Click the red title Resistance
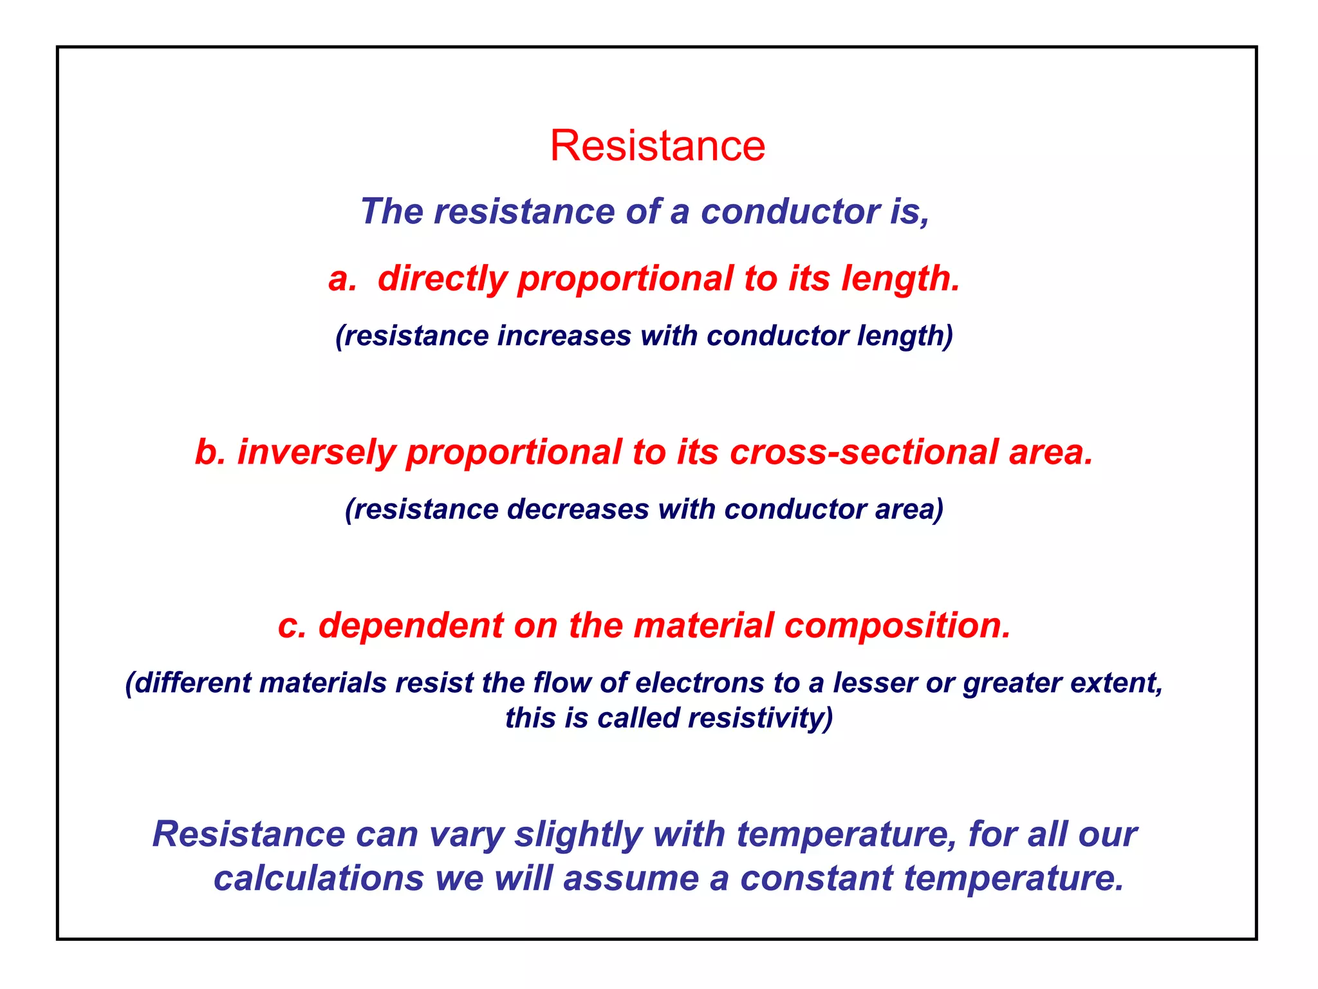[x=657, y=146]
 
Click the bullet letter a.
[x=342, y=279]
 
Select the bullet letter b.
[x=210, y=451]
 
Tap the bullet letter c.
[x=292, y=626]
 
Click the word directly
[x=442, y=279]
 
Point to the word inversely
[x=315, y=451]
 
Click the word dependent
[x=411, y=625]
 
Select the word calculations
[x=319, y=878]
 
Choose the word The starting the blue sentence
[x=391, y=211]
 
